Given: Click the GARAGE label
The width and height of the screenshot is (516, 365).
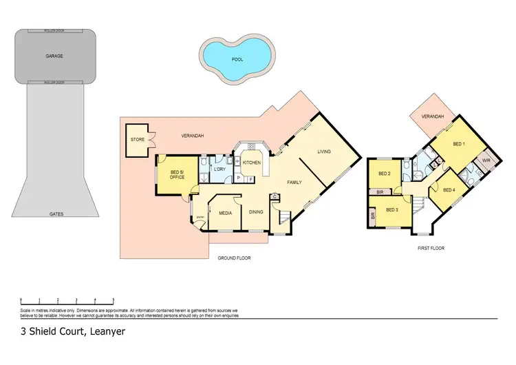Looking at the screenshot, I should [54, 56].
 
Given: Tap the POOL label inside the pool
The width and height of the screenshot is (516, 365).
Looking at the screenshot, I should [237, 59].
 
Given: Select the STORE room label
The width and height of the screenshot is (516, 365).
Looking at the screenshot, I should [137, 140].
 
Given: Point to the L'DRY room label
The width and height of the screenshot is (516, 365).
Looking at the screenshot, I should [220, 169].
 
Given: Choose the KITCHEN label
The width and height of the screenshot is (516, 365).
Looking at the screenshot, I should [251, 163].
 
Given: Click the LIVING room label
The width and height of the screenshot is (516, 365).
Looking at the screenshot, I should [324, 152].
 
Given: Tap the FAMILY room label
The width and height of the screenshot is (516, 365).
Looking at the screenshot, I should [295, 182].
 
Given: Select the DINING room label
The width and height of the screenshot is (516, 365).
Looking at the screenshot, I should [256, 212].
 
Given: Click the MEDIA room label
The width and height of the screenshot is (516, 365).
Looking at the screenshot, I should [225, 212].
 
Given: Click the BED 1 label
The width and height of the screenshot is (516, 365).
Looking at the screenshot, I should [459, 144].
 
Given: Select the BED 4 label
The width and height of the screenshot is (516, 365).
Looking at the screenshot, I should [449, 190].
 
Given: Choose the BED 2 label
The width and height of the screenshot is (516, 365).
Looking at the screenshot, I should [385, 174].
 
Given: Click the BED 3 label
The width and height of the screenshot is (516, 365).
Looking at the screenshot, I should [391, 209].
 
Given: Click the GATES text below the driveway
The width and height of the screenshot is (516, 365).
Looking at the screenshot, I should [56, 214].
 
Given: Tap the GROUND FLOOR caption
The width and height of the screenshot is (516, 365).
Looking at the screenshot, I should [235, 258].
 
